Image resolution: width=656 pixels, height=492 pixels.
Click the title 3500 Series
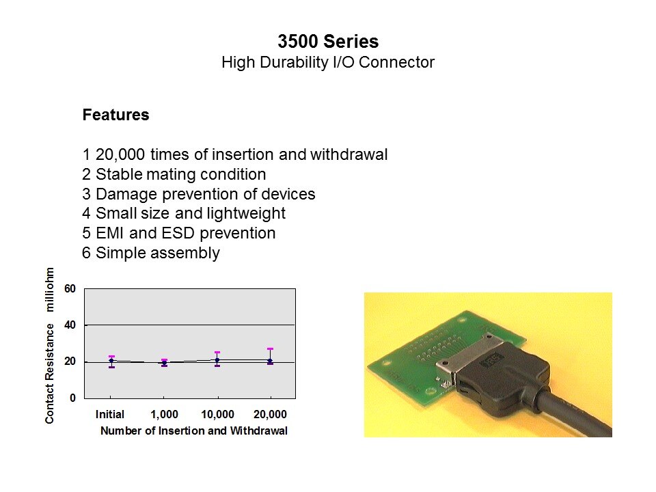tap(328, 42)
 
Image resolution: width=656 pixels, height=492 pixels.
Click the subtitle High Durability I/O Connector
tap(328, 62)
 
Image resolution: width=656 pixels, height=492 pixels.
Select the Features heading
tap(116, 115)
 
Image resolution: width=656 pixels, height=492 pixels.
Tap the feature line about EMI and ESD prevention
tap(179, 233)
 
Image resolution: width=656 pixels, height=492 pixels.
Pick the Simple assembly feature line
tap(151, 253)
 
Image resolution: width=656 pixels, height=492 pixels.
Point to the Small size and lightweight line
tap(184, 213)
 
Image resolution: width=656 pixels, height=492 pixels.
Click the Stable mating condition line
tap(174, 174)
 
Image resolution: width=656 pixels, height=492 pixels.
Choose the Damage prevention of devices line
tap(199, 194)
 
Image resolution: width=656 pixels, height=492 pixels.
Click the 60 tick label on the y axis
tap(70, 288)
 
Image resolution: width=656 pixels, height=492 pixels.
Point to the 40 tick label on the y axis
tap(70, 325)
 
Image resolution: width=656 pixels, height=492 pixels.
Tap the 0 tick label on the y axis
tap(73, 398)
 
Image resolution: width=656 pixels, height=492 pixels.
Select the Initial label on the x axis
tap(110, 414)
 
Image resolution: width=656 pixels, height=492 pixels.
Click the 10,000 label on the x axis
tap(217, 414)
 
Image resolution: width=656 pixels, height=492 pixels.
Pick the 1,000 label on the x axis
tap(164, 414)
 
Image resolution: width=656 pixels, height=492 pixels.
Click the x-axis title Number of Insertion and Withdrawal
tap(194, 430)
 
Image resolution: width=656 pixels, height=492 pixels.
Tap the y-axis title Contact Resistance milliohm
tap(49, 346)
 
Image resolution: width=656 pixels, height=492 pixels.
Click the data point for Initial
tap(111, 360)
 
